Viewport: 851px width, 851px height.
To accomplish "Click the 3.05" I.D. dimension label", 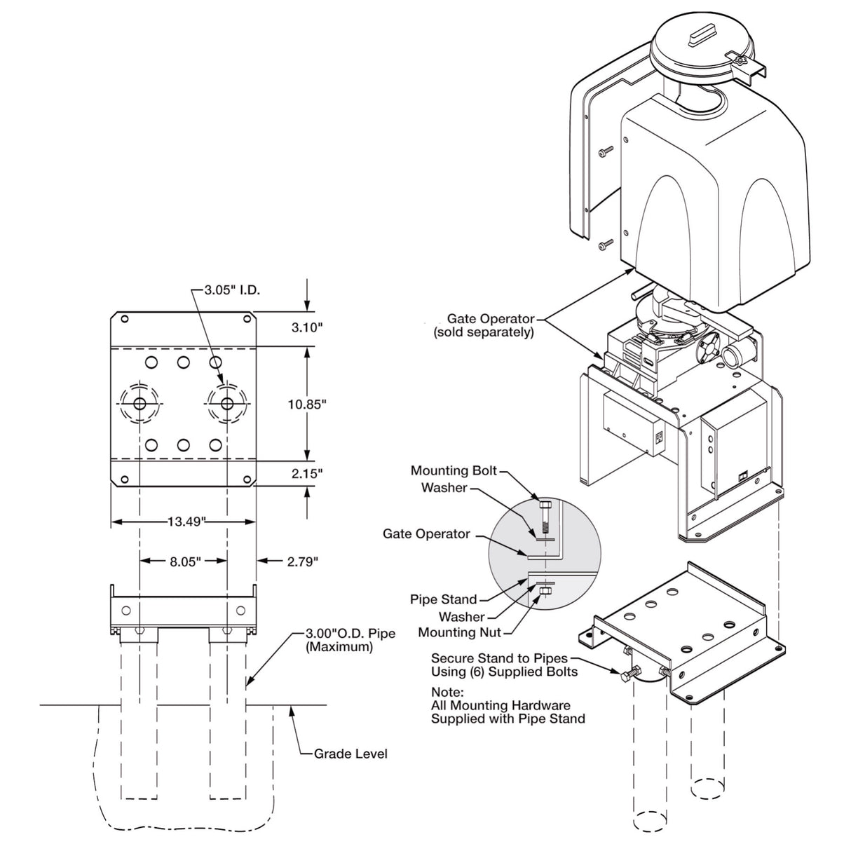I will tap(232, 290).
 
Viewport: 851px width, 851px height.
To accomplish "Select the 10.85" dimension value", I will tap(306, 404).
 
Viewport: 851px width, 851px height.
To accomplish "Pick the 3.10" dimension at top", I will tap(306, 327).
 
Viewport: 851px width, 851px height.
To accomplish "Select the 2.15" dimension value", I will tap(306, 473).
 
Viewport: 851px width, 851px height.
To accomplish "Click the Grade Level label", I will tap(350, 754).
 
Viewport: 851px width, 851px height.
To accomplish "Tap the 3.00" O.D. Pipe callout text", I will tap(350, 634).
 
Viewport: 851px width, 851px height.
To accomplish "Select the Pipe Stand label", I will tap(443, 599).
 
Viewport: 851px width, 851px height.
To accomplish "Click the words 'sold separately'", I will tap(484, 332).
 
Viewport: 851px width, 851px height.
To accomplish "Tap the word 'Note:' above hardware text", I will tap(447, 692).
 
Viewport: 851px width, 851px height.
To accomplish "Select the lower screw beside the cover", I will tap(605, 245).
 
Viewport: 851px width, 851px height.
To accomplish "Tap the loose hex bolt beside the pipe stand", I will tap(628, 675).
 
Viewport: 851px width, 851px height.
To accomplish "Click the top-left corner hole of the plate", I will tap(124, 320).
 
